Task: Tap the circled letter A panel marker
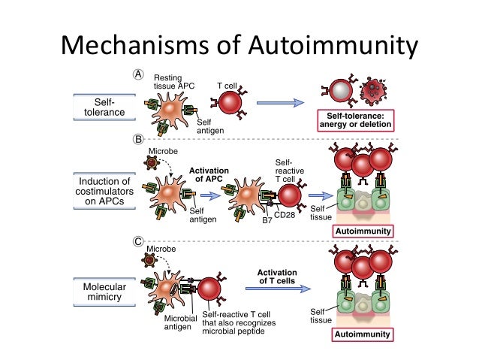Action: point(138,74)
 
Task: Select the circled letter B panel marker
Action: point(138,140)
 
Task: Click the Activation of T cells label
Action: point(279,277)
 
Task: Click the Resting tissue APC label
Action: point(173,82)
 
